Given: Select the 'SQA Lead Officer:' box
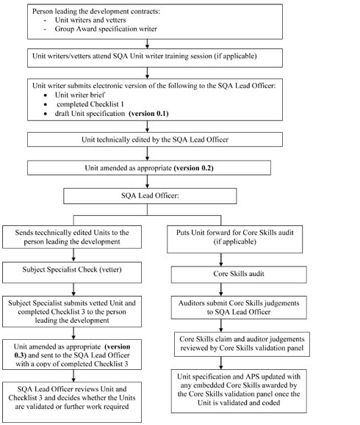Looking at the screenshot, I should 150,196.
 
